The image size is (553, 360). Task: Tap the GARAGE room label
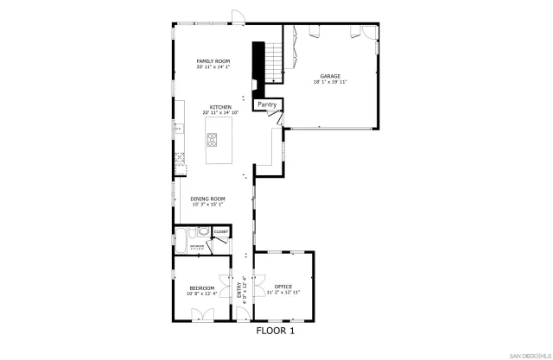[330, 76]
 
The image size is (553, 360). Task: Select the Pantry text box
[266, 104]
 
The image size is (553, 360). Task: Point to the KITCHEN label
[219, 107]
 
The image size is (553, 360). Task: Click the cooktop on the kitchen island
[213, 140]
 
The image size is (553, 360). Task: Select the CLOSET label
[220, 232]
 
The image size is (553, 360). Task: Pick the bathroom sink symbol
[202, 231]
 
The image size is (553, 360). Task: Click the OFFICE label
[283, 287]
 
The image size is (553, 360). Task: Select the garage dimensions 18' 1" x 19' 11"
[330, 82]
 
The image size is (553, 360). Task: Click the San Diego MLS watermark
[525, 355]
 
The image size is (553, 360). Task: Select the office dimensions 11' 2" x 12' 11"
[283, 293]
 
